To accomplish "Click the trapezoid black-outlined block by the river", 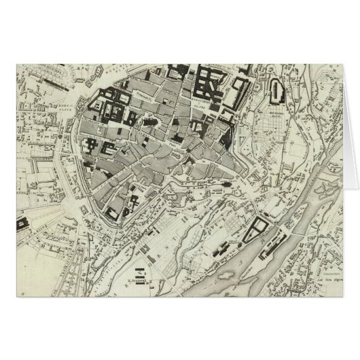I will pos(258,230).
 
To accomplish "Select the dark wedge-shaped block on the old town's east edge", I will pos(224,135).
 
